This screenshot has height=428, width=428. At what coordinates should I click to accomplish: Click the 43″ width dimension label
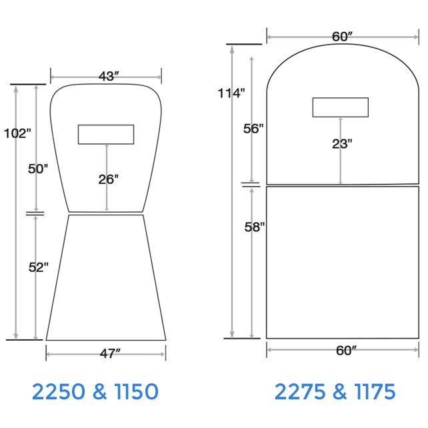pyautogui.click(x=109, y=77)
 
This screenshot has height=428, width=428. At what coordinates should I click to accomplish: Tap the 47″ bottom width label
pyautogui.click(x=110, y=354)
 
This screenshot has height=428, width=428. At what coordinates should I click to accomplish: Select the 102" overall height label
pyautogui.click(x=17, y=133)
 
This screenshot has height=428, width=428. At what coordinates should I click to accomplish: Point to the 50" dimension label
pyautogui.click(x=38, y=169)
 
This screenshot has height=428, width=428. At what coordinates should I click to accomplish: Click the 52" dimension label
pyautogui.click(x=39, y=267)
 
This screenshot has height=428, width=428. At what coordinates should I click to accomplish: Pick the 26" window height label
pyautogui.click(x=109, y=179)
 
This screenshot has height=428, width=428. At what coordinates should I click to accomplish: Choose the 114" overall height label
pyautogui.click(x=231, y=93)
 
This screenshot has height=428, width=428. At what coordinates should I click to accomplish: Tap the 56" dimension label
pyautogui.click(x=253, y=129)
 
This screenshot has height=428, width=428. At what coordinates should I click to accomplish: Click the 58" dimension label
pyautogui.click(x=255, y=227)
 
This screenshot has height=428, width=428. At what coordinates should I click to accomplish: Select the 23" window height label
pyautogui.click(x=342, y=144)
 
